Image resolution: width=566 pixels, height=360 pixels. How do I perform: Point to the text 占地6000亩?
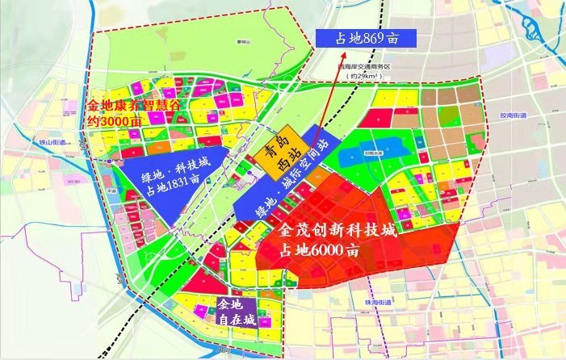tap(320, 249)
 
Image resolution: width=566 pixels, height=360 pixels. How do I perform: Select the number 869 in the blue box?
tap(377, 38)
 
